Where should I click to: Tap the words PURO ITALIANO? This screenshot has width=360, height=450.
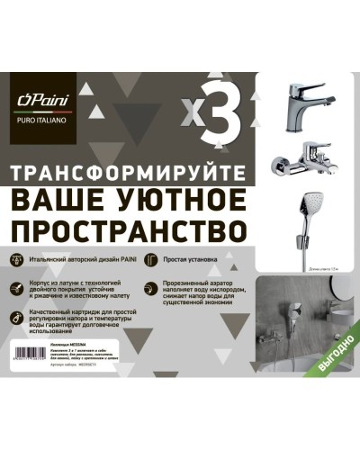tap(40, 123)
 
